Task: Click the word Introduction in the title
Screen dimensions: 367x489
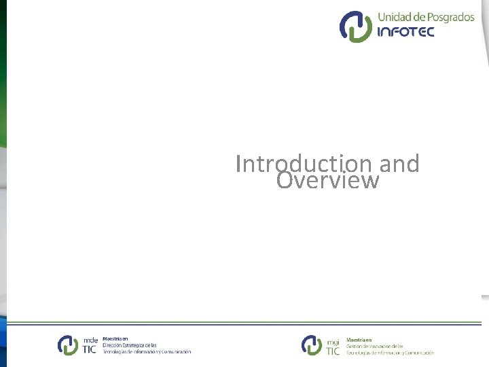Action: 303,164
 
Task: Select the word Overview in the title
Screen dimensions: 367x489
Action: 327,181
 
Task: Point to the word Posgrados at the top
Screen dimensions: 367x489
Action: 450,18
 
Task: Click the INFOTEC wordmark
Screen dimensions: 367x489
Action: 405,32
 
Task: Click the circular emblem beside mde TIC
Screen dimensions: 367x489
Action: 68,345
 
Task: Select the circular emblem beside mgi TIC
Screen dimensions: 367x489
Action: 312,345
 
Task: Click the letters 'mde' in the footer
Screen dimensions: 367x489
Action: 90,340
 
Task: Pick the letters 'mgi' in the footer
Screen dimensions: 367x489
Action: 333,340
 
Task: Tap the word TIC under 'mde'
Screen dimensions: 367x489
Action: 90,350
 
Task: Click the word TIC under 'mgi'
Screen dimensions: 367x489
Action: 333,350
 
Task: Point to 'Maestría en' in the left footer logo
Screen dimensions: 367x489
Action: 115,338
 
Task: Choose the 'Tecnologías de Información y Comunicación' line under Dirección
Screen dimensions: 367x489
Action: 147,352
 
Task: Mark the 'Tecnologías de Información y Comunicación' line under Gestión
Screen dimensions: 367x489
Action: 389,353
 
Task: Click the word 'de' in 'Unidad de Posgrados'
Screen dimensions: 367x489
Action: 418,18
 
